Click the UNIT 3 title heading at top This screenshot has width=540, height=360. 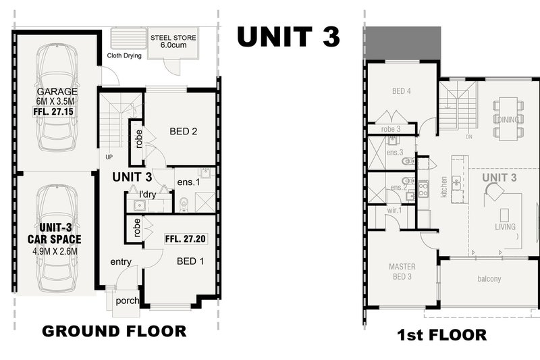[x=289, y=36]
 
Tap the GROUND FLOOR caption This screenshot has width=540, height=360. [x=114, y=331]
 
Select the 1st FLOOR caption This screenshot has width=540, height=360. [x=442, y=335]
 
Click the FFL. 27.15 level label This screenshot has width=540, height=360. [x=53, y=111]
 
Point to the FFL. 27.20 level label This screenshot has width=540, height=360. [x=185, y=238]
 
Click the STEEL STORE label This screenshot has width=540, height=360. [x=173, y=38]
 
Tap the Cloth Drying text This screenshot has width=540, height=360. [x=124, y=55]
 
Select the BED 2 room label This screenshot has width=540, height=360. [x=183, y=131]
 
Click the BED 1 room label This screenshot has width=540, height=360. [x=190, y=261]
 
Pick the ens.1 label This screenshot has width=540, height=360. [x=188, y=182]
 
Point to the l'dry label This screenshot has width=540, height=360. [x=148, y=195]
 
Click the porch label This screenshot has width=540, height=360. [x=128, y=301]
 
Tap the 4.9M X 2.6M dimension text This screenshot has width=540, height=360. [x=55, y=251]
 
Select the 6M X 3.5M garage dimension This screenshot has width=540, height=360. [x=55, y=101]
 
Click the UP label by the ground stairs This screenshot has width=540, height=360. [x=109, y=157]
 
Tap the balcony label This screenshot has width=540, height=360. [x=489, y=279]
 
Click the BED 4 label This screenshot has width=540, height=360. [x=402, y=91]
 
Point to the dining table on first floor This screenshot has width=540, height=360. [x=508, y=119]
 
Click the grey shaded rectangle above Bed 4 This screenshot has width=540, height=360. [x=402, y=43]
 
